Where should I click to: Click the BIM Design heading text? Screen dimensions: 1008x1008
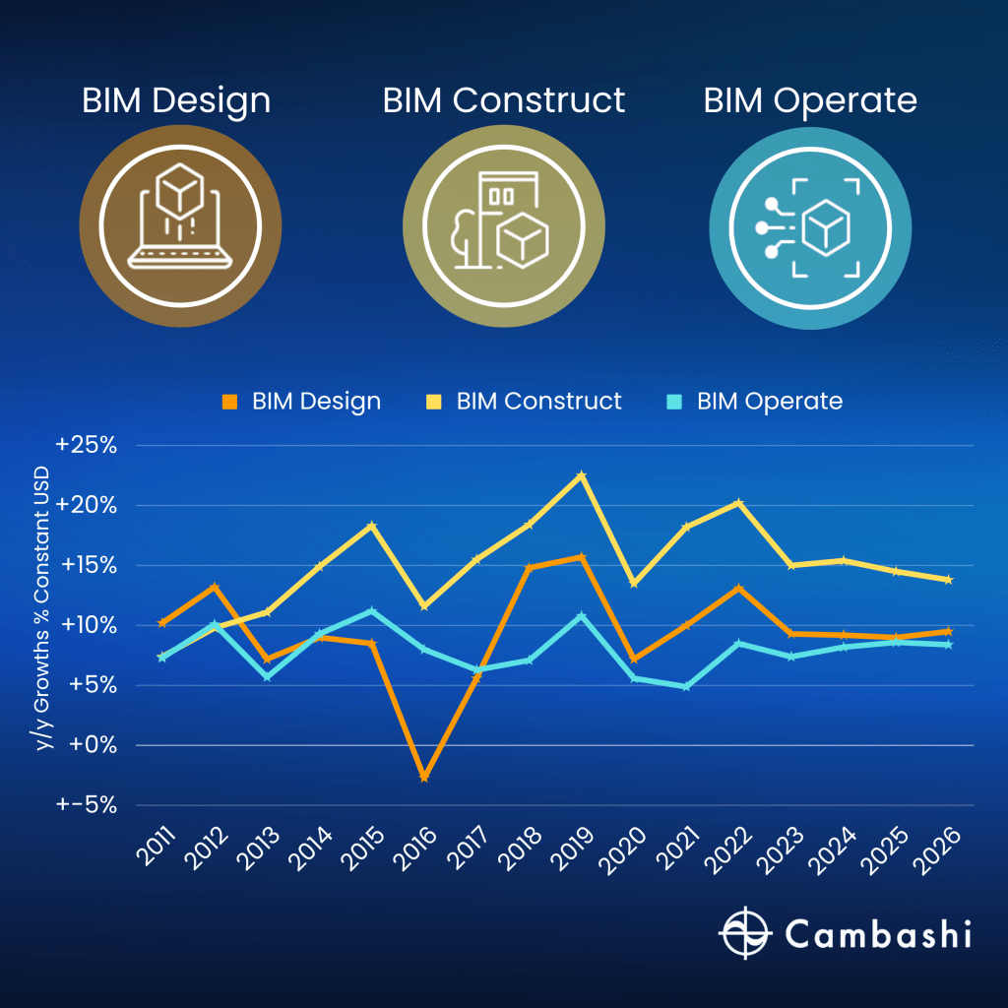point(176,100)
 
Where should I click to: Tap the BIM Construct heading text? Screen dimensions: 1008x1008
point(503,100)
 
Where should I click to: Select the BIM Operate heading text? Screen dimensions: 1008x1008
point(810,100)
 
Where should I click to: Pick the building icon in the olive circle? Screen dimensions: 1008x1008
point(503,225)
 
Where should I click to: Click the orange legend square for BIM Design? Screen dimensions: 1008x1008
point(230,402)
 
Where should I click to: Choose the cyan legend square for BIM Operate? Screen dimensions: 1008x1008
point(674,402)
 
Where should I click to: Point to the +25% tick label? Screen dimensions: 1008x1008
point(87,445)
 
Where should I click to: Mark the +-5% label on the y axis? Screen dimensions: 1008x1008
point(87,805)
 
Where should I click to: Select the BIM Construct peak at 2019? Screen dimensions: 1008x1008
point(581,474)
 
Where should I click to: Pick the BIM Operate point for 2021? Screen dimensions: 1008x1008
point(686,686)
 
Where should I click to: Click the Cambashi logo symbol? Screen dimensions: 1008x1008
point(744,932)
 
